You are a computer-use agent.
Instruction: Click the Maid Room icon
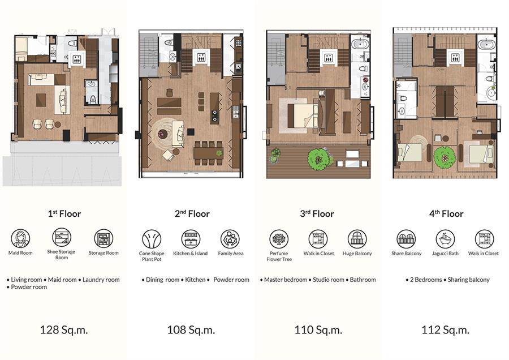(x=20, y=238)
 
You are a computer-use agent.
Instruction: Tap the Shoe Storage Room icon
(x=61, y=237)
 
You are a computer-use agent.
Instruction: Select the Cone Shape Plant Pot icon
(x=152, y=239)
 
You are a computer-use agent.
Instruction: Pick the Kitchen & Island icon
(x=191, y=239)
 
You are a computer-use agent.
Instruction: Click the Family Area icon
(x=230, y=239)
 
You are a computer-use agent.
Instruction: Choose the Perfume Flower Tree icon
(x=279, y=239)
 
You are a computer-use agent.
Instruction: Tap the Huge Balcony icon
(x=357, y=239)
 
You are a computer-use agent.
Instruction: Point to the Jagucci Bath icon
(x=446, y=239)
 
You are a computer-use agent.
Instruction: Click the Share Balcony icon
(x=406, y=239)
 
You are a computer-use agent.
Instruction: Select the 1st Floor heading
(x=64, y=214)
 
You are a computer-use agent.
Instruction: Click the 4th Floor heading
(x=446, y=214)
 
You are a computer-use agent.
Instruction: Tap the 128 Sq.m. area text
(x=63, y=330)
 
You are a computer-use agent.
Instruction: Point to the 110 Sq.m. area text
(x=318, y=330)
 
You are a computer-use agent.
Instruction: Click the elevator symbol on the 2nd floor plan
(x=201, y=58)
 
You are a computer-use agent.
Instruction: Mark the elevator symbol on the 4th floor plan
(x=455, y=58)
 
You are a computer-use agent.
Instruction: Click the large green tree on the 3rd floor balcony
(x=320, y=159)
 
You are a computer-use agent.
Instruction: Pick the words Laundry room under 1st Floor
(x=101, y=280)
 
